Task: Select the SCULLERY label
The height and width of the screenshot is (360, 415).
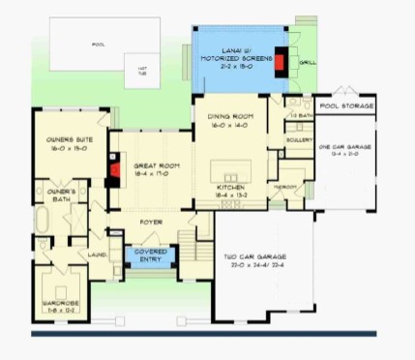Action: [299, 139]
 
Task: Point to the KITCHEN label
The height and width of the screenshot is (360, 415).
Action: [231, 190]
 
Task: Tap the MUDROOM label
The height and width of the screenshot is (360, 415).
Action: [285, 184]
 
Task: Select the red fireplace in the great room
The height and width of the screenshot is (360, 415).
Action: [114, 174]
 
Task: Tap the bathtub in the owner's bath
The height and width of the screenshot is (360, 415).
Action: [41, 221]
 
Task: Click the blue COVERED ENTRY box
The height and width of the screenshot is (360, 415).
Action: [146, 255]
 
